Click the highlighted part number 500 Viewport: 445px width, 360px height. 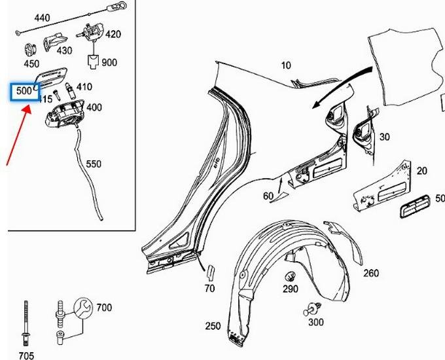pos(24,92)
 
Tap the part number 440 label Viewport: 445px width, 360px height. pos(24,18)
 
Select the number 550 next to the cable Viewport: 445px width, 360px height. pos(94,164)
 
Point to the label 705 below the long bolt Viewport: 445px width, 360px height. pos(26,355)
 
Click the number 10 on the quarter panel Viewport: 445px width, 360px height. pos(286,65)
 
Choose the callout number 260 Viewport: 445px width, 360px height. pos(370,273)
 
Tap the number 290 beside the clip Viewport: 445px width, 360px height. pos(290,288)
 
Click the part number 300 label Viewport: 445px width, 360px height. pos(315,323)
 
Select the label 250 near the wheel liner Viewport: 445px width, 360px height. pos(213,326)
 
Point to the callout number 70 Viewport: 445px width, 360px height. pos(209,287)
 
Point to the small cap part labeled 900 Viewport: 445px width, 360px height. pos(94,62)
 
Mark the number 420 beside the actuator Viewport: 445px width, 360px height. pos(113,34)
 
